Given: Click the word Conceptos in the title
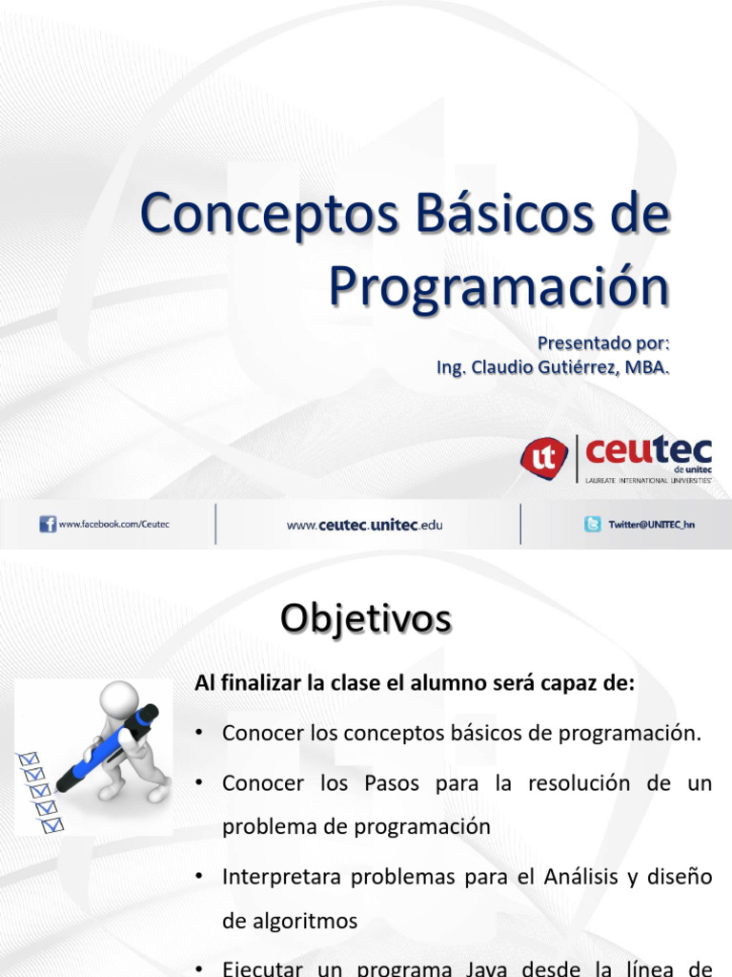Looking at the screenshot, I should [x=259, y=216].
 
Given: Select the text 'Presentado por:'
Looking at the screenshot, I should [x=603, y=342].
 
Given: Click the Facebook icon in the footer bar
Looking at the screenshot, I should [x=48, y=524].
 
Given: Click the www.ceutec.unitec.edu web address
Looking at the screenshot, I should [x=365, y=525].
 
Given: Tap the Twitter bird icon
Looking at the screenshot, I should [x=593, y=524].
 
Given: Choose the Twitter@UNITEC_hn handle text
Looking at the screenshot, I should [x=652, y=524].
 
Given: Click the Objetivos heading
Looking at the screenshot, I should [x=366, y=619].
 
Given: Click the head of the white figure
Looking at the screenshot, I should [x=117, y=694].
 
